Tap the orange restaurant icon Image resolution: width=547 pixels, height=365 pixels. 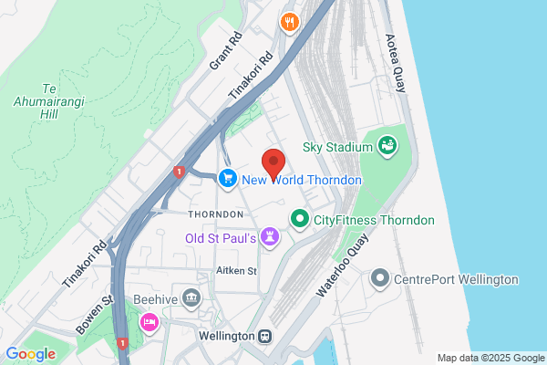[x=290, y=22]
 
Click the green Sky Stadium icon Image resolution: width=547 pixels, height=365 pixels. [x=387, y=145]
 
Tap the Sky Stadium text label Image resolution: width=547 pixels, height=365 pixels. [x=338, y=147]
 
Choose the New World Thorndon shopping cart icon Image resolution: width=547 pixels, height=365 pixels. [x=228, y=179]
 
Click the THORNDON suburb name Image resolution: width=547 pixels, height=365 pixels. [x=215, y=214]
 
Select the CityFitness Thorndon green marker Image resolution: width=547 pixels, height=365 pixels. [x=298, y=219]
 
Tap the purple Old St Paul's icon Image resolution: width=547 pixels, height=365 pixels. [x=270, y=238]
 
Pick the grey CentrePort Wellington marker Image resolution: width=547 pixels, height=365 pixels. [x=381, y=278]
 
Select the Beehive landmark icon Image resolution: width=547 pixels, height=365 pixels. [x=191, y=297]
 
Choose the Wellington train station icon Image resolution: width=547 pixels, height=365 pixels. [x=265, y=336]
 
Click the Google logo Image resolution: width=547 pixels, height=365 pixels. [x=30, y=354]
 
